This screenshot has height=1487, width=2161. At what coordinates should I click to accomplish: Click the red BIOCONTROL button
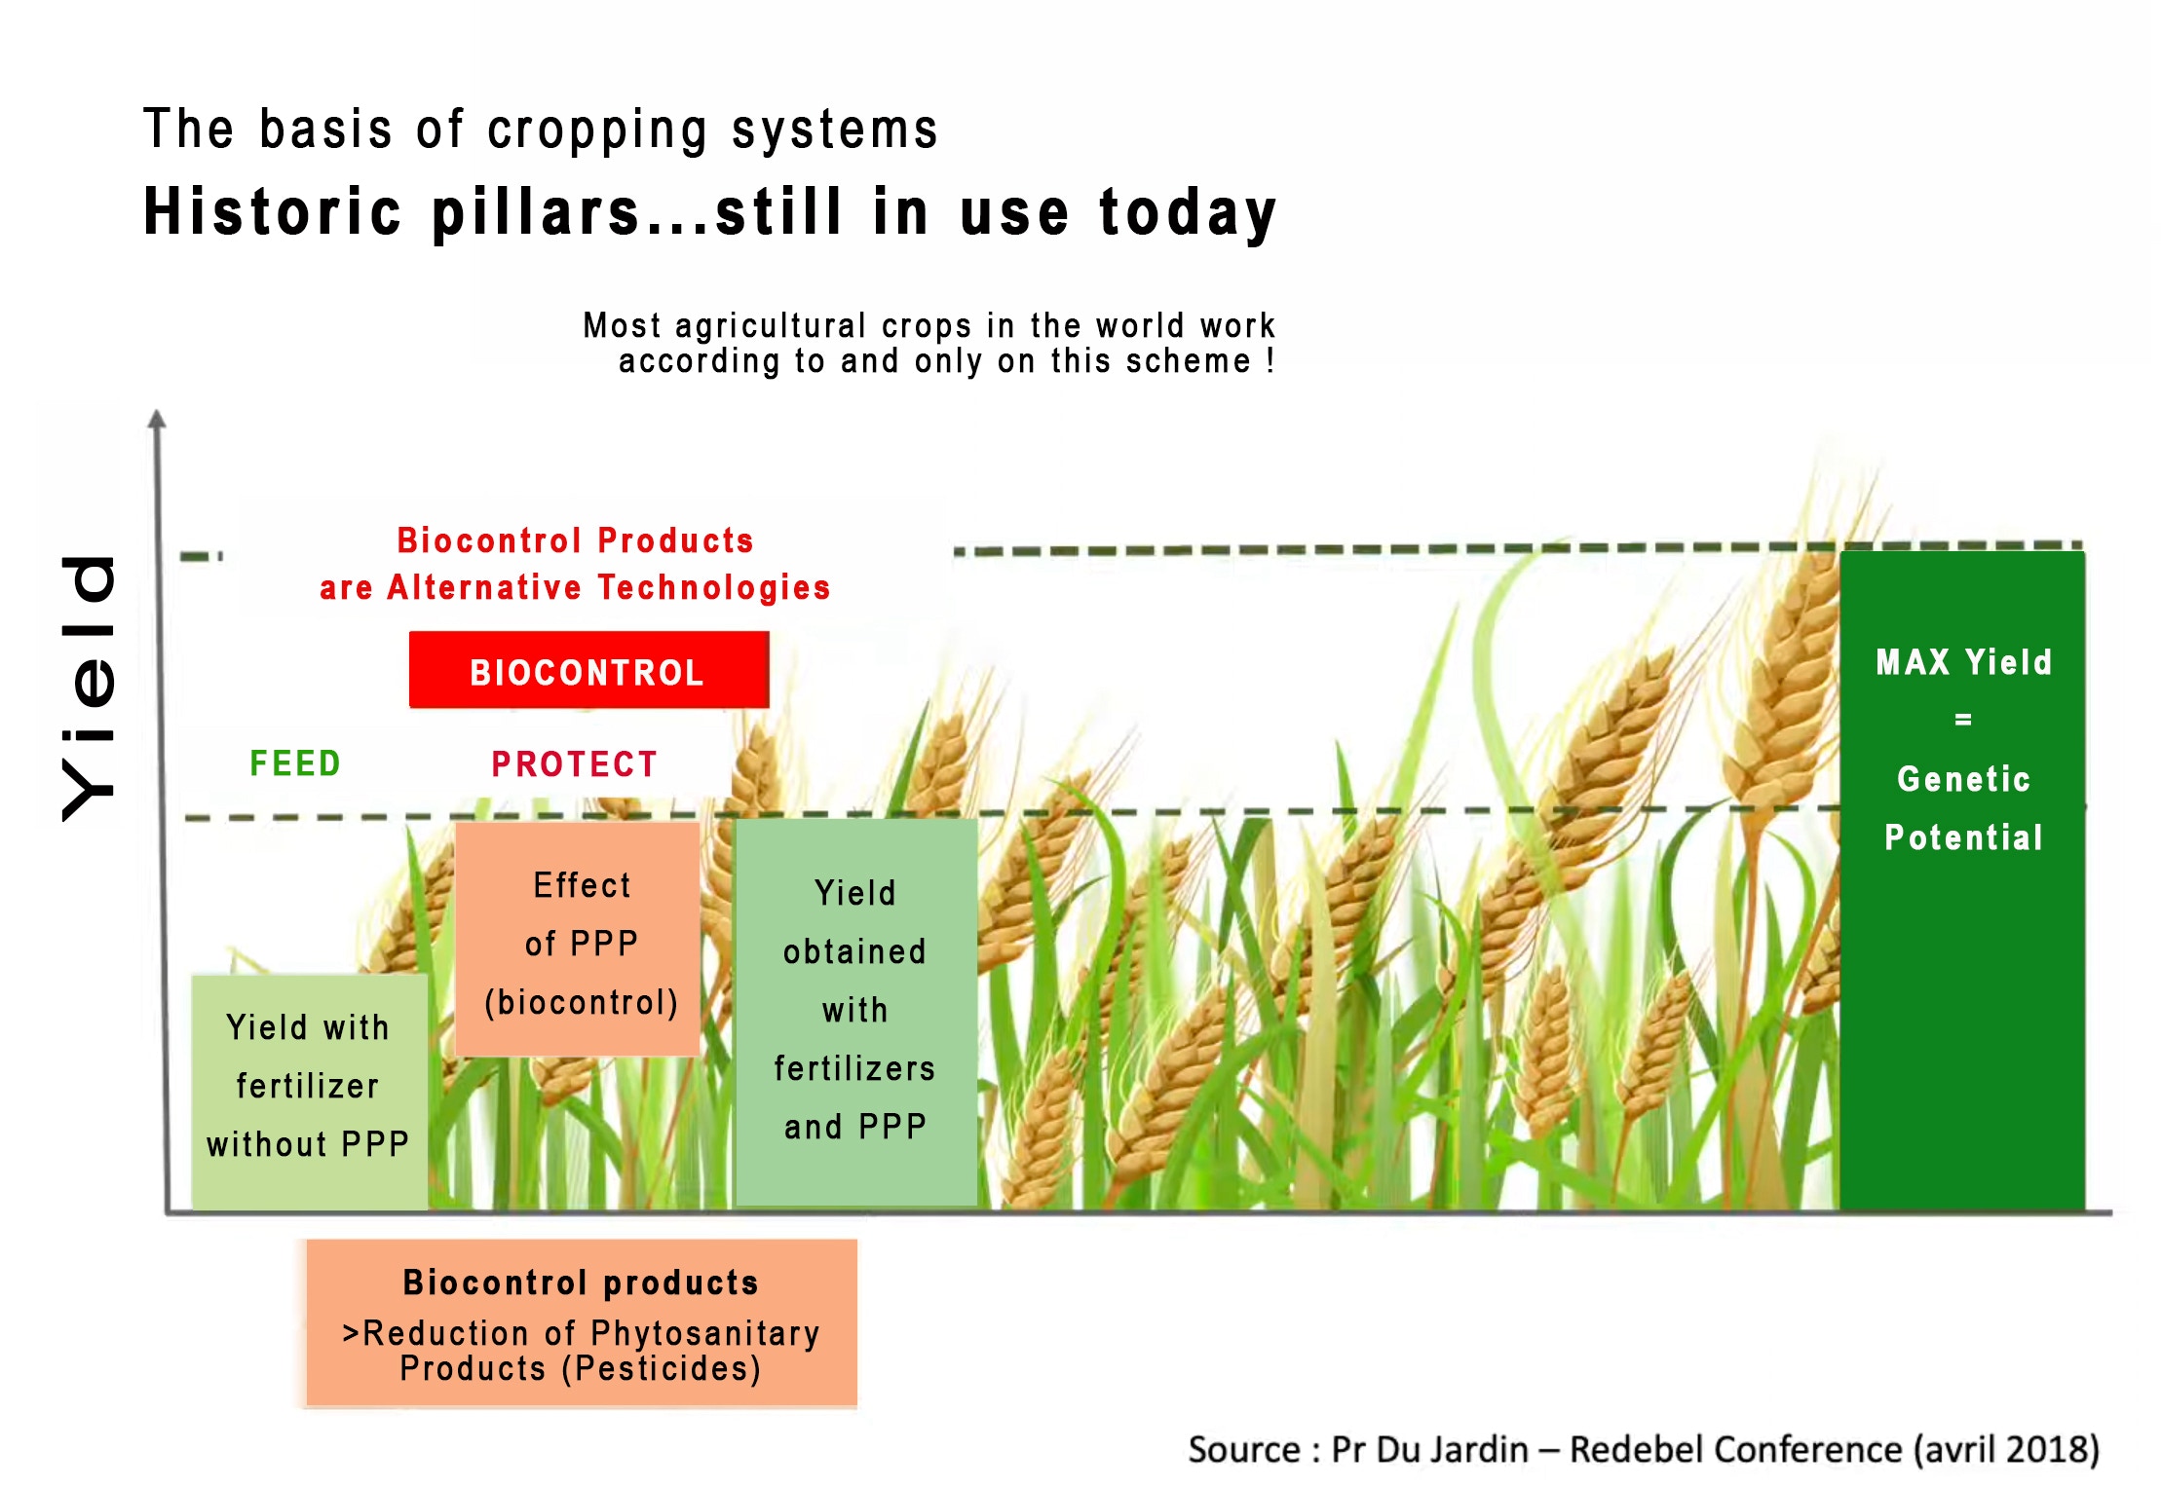click(588, 670)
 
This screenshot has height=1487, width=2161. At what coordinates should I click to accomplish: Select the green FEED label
click(295, 763)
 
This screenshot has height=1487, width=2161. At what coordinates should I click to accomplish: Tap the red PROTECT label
click(575, 764)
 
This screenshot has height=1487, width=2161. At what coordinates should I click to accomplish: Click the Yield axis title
click(89, 688)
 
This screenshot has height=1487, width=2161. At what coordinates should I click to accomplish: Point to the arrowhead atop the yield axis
click(157, 419)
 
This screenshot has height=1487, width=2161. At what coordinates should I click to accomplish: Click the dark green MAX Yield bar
click(1962, 880)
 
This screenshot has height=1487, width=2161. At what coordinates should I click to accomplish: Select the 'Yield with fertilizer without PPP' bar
click(309, 1093)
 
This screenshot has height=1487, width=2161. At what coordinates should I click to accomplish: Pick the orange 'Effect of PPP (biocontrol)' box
click(578, 939)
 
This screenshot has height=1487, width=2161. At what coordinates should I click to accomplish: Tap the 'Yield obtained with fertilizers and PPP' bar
click(856, 1013)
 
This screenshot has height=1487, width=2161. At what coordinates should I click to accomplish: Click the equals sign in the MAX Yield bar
click(1963, 720)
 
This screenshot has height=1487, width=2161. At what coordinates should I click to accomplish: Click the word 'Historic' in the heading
click(273, 211)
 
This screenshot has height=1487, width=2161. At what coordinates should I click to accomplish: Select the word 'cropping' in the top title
click(597, 130)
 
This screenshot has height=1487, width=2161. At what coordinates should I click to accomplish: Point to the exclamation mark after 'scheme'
click(1270, 360)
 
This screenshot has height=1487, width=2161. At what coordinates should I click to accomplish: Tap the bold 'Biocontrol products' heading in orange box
click(581, 1283)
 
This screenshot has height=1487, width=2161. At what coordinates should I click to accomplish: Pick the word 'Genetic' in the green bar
click(1963, 779)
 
